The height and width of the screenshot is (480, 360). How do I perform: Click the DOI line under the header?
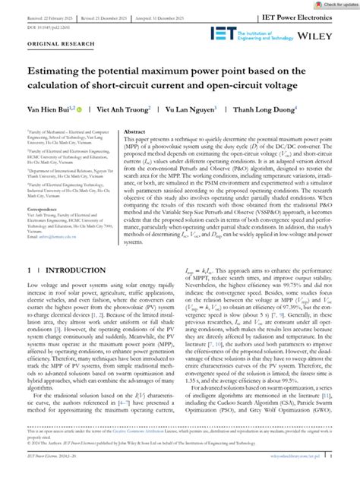[x=48, y=27]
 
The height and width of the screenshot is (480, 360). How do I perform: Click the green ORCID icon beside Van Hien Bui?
[x=78, y=109]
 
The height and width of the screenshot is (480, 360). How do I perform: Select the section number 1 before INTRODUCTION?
[x=29, y=290]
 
